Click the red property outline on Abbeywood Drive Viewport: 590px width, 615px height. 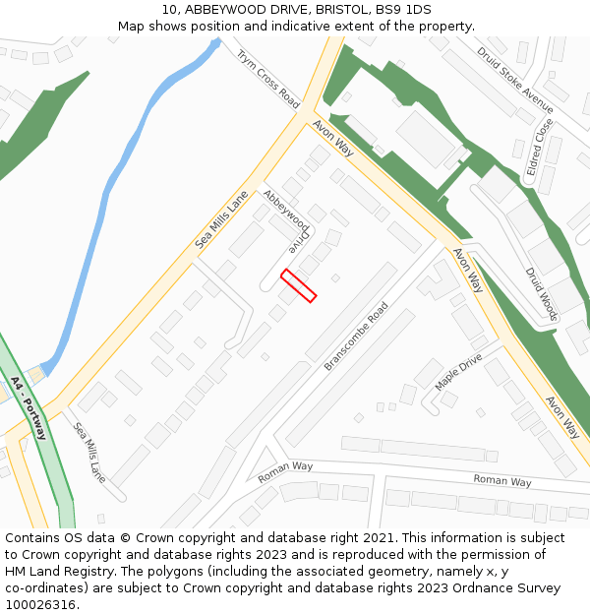coord(299,285)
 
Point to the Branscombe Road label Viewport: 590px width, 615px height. coord(356,336)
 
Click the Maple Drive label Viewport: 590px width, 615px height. coord(458,372)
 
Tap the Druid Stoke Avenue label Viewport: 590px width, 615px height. coord(515,79)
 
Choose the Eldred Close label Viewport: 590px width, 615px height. coord(540,147)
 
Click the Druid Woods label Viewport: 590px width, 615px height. coord(542,293)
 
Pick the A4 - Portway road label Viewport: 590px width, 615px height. coord(29,406)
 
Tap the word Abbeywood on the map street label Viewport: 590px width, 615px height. coord(280,210)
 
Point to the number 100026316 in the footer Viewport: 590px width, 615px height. coord(40,604)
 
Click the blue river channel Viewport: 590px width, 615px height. coord(108,197)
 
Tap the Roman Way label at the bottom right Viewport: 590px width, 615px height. coord(501,481)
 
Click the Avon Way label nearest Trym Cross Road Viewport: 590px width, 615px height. coord(333,138)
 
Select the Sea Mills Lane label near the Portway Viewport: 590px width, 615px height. coord(89,453)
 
